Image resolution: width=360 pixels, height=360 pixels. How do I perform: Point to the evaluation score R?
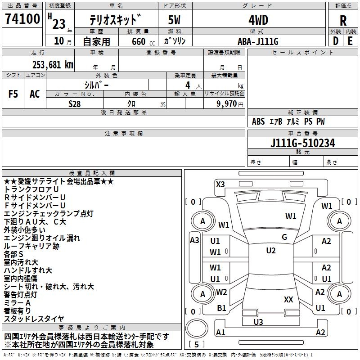(x=343, y=20)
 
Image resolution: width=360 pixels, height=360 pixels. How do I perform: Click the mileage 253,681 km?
(x=53, y=64)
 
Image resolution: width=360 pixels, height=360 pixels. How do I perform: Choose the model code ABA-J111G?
(x=258, y=41)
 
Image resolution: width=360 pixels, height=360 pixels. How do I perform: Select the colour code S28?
(x=75, y=103)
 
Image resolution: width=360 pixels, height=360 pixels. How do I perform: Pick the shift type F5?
(x=13, y=94)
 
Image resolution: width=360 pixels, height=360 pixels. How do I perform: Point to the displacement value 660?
(x=138, y=41)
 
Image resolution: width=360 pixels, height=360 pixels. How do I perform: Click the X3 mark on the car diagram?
(x=220, y=184)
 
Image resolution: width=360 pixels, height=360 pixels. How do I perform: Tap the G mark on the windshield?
(x=284, y=237)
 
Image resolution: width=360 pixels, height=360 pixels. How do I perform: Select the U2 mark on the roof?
(x=270, y=251)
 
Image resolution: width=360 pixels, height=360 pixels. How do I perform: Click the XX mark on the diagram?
(x=288, y=299)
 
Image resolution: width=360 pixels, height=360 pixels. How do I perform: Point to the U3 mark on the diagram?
(x=258, y=322)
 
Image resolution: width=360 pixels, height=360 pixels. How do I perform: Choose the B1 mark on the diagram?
(x=221, y=308)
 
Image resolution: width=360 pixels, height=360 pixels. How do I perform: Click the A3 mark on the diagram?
(x=194, y=240)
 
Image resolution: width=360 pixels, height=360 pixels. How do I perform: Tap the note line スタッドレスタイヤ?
(x=34, y=319)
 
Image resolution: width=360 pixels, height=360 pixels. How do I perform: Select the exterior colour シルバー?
(x=96, y=85)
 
